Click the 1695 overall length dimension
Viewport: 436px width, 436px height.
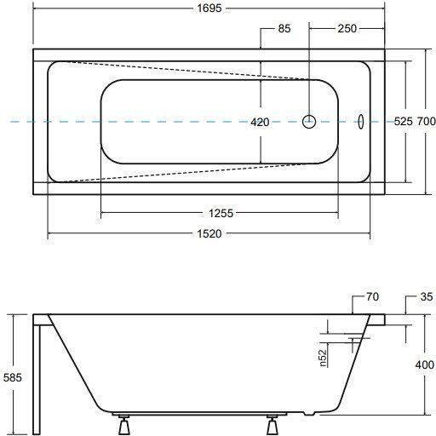[x=209, y=9]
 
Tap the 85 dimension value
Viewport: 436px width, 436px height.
[x=284, y=29]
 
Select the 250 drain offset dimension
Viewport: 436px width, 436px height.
[x=347, y=29]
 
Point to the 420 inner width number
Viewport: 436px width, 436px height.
[x=260, y=123]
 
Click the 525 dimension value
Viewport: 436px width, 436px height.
[x=404, y=122]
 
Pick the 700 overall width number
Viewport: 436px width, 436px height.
[x=427, y=122]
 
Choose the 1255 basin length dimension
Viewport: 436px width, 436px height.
[x=221, y=213]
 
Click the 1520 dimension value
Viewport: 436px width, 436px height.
[x=209, y=234]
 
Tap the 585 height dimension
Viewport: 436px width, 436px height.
[x=13, y=377]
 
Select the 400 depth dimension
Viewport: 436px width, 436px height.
[x=425, y=364]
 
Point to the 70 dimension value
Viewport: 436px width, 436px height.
[x=372, y=297]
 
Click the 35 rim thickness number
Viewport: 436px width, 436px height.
[x=427, y=297]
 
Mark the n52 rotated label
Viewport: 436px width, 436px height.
[x=323, y=358]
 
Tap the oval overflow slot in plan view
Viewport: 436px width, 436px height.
[x=360, y=122]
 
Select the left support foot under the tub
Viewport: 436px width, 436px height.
[x=123, y=425]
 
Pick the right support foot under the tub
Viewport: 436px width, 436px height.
[x=272, y=425]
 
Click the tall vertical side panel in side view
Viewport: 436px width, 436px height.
[x=37, y=380]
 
